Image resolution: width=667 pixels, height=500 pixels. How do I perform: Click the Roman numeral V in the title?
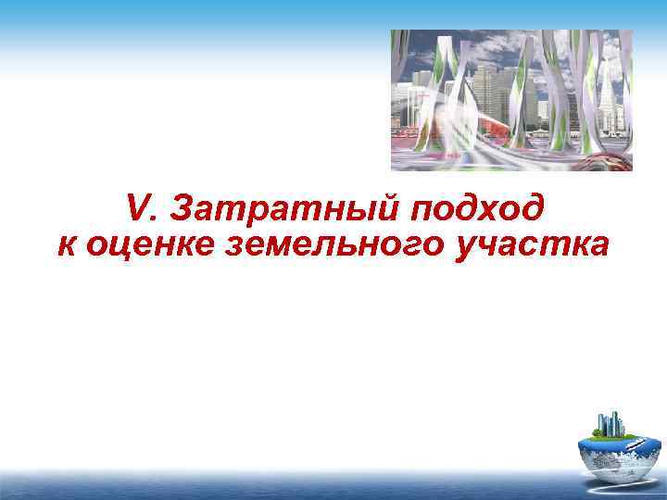coord(137,209)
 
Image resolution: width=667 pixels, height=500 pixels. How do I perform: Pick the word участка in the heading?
coord(531,245)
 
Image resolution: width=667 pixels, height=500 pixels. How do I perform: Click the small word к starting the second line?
coord(66,245)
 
